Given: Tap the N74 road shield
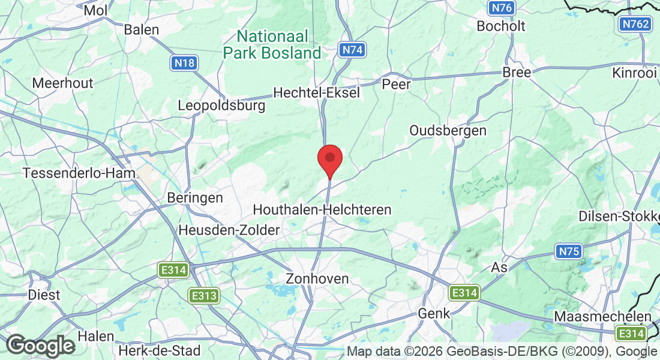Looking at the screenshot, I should coord(352,50).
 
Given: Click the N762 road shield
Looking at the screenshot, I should coord(635,25).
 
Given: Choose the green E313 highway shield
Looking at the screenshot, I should coord(203,295).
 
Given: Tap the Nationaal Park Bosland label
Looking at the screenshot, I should coord(272,44).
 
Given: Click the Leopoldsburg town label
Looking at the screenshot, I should coord(221,106).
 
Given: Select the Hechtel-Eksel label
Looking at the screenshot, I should coord(316,92).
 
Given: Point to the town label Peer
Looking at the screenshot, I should coord(397,85).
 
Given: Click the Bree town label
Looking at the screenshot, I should coord(517,72).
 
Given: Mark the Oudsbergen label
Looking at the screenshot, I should coord(448,130).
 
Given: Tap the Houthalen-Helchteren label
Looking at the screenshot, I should coord(322,209).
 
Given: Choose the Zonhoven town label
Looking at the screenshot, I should coord(317,278).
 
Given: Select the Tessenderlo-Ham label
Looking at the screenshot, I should coord(79,173).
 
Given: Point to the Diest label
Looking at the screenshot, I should coord(44,295).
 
